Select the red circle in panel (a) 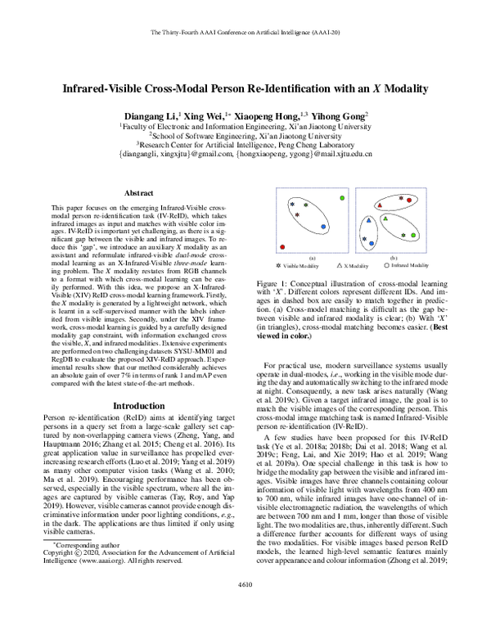(x=282, y=245)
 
